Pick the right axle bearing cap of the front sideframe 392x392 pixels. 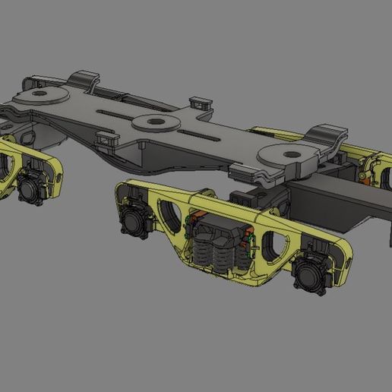tap(311, 275)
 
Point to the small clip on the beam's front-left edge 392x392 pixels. tap(102, 138)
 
